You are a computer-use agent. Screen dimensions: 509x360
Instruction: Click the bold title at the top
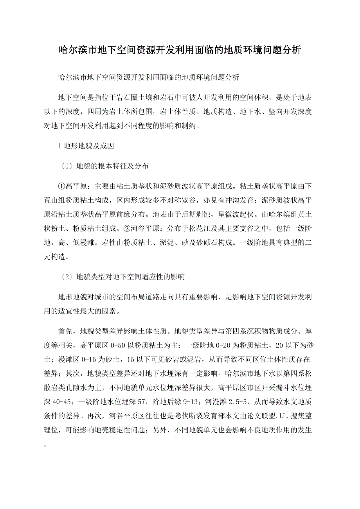pos(180,50)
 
